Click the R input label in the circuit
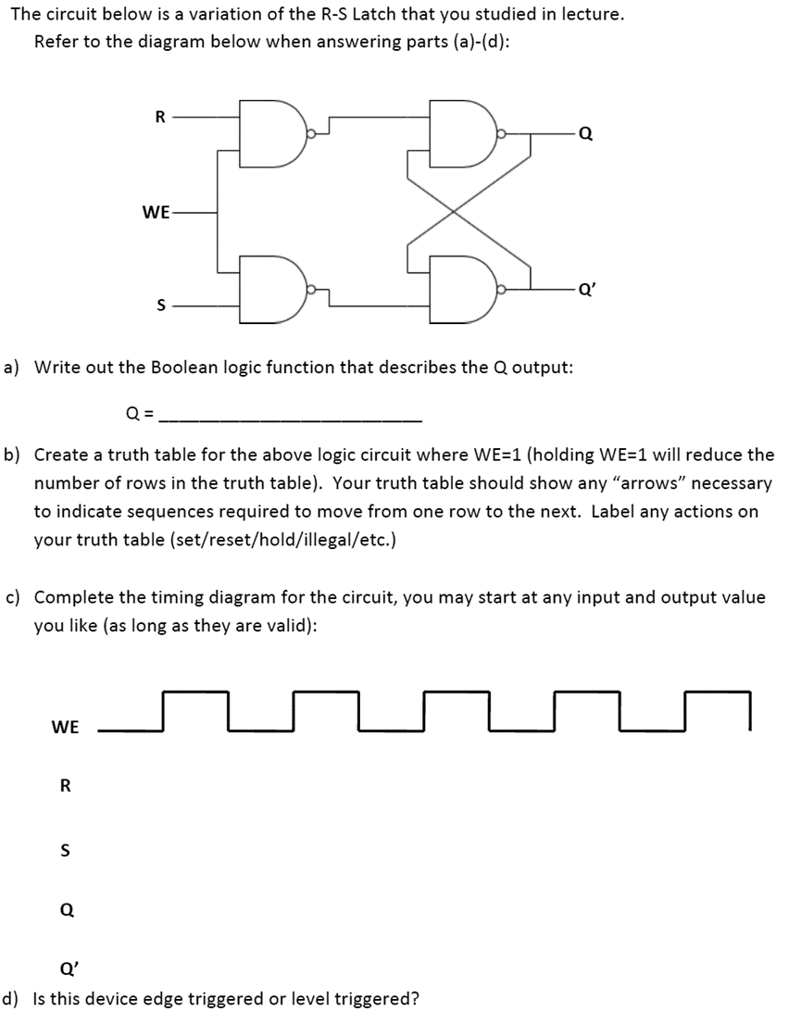159,117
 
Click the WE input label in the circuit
156,212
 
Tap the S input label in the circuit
159,305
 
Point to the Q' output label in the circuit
586,287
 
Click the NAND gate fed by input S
270,288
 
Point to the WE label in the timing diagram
65,727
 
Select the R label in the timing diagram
65,786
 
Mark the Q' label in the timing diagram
67,969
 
